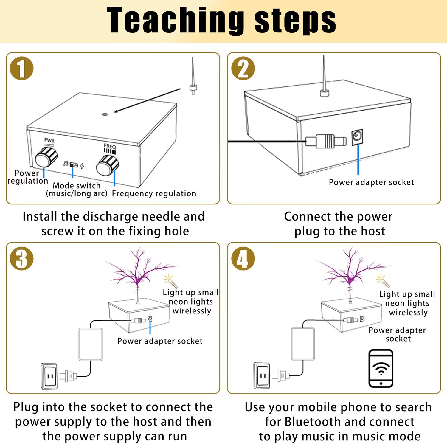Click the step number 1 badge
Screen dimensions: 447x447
point(22,68)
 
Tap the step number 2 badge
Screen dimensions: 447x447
point(243,68)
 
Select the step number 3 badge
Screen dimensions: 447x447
point(22,258)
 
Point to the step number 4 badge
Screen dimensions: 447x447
point(243,258)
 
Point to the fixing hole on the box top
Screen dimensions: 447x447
point(105,114)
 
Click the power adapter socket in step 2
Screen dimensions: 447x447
point(357,137)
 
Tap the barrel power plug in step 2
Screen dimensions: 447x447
point(326,141)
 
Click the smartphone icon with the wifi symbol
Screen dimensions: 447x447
point(381,369)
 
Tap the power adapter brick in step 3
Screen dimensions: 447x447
point(90,344)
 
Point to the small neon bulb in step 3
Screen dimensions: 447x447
point(170,281)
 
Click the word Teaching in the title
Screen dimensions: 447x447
point(175,20)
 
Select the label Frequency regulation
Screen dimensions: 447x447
point(154,194)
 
